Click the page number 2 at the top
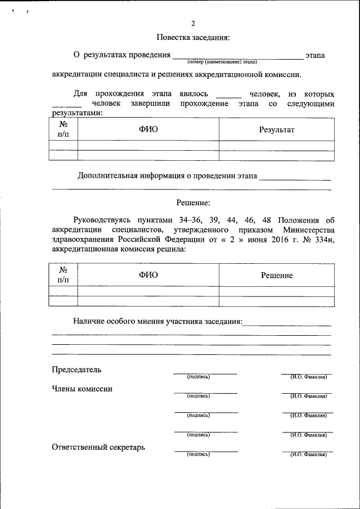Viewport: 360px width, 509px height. pos(193,24)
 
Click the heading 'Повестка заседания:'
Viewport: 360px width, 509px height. pos(193,38)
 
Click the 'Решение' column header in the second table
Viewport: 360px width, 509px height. pos(277,275)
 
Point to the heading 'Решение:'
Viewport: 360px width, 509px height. pos(193,202)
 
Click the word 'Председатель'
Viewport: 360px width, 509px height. pos(76,370)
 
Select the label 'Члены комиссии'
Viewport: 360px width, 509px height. pos(82,389)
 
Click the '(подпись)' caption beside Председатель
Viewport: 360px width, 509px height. pos(198,377)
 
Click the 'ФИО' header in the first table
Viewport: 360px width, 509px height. pos(148,129)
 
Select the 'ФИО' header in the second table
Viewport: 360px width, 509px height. pos(148,275)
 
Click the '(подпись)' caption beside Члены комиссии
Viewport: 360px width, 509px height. pos(198,396)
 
